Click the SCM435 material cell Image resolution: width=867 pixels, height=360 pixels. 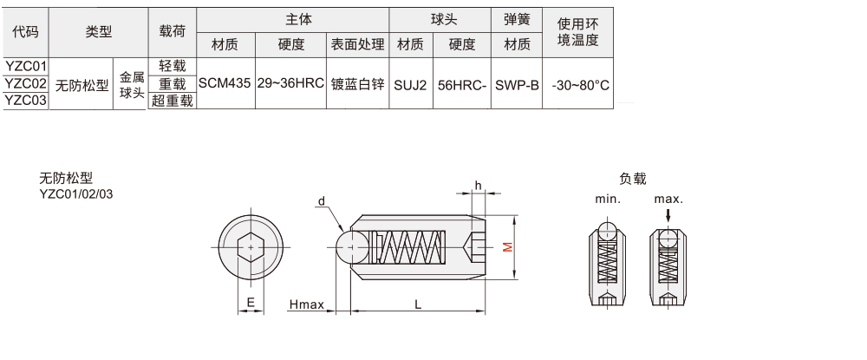[225, 84]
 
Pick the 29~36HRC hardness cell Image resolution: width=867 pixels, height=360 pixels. [290, 84]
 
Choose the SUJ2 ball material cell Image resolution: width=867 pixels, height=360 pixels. [410, 84]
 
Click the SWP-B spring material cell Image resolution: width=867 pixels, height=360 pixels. [517, 84]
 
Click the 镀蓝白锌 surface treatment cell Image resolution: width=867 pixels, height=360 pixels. [356, 84]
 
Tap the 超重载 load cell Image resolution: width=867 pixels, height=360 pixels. [173, 101]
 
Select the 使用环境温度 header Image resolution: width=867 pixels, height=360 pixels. [579, 32]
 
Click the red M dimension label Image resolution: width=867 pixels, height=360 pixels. [509, 247]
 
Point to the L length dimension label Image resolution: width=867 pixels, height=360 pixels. [418, 304]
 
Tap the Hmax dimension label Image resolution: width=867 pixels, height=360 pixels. [306, 304]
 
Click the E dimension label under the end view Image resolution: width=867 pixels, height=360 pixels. [251, 302]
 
